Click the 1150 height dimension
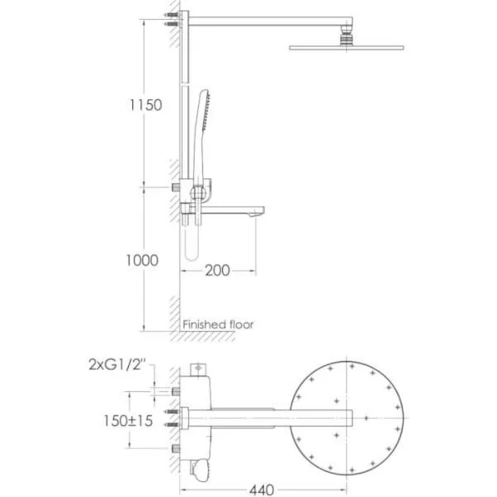tap(146, 105)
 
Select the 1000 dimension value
tap(142, 261)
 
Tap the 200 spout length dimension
tap(217, 271)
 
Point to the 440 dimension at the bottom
tap(262, 490)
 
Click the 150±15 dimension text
tap(128, 421)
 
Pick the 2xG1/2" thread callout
tap(117, 365)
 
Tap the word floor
tap(242, 324)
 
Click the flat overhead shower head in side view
tap(347, 48)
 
